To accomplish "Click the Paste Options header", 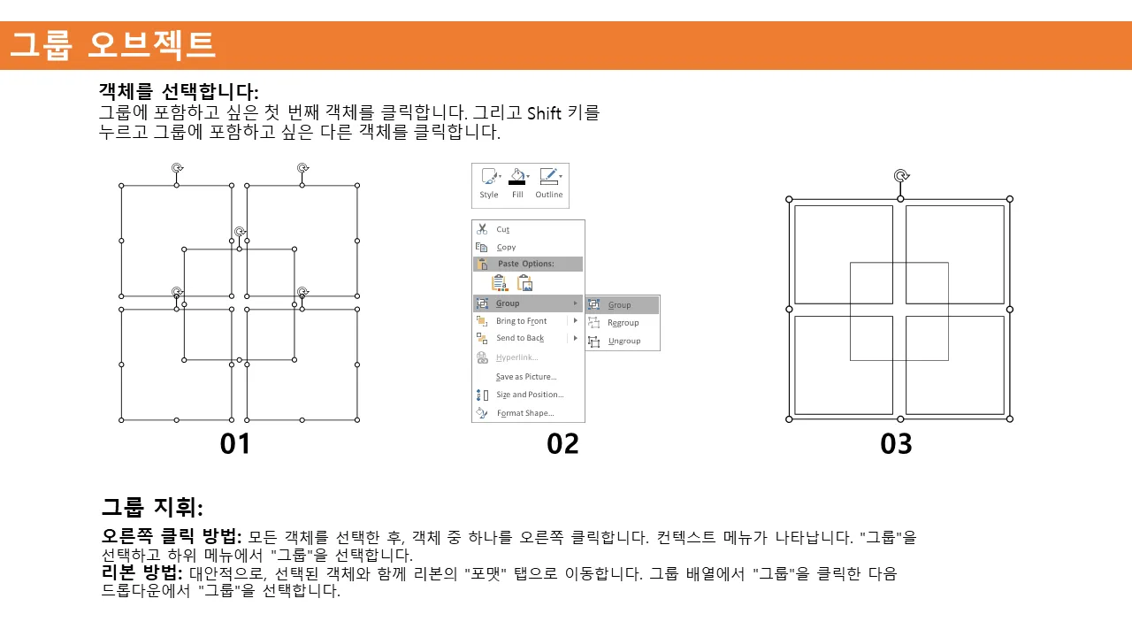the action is (x=525, y=264).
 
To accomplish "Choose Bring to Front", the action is (x=521, y=321).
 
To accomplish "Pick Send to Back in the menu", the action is (x=519, y=338).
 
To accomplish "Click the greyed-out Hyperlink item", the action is (x=516, y=357).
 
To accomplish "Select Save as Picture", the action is (x=525, y=377).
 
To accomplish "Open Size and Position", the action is (x=529, y=395).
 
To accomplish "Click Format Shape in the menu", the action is (x=525, y=413).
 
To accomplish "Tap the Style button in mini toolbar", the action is (x=489, y=184).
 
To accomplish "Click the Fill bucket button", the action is (x=518, y=184).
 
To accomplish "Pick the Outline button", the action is (x=549, y=184).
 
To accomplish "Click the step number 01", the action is (x=235, y=444).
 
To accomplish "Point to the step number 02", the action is (x=562, y=444).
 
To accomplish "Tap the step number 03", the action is (x=896, y=444).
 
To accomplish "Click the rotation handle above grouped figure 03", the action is (x=901, y=176).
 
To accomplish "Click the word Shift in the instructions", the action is (x=544, y=112).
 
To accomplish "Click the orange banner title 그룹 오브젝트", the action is (x=112, y=45).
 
